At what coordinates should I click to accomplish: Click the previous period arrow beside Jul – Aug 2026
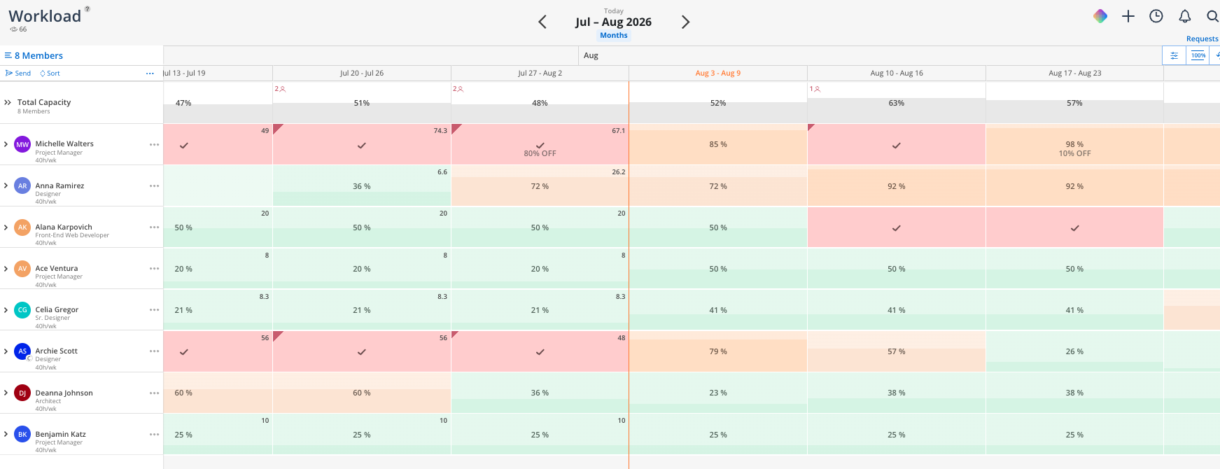[542, 22]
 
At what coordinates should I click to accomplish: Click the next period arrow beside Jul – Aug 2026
[685, 22]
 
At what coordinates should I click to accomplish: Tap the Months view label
[614, 36]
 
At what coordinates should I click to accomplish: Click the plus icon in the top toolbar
[1128, 16]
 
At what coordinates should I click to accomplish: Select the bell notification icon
[1184, 16]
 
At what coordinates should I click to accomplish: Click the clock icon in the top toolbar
[1156, 16]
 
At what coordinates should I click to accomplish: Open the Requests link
[1203, 39]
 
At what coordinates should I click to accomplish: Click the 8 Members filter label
[38, 56]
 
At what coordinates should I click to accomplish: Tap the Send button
[18, 73]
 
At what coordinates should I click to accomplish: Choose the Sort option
[50, 73]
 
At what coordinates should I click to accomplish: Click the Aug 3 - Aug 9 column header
[717, 73]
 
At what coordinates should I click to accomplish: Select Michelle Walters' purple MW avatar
[22, 144]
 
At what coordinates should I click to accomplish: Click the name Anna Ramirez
[59, 186]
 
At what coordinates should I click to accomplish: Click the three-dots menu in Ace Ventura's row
[154, 269]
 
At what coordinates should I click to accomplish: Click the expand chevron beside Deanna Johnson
[6, 393]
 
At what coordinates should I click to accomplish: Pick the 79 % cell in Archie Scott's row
[718, 351]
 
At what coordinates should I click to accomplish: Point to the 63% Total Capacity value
[896, 103]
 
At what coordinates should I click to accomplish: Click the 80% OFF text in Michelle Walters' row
[540, 153]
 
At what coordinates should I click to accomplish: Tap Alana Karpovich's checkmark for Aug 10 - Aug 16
[896, 228]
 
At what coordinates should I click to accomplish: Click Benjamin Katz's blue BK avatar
[22, 434]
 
